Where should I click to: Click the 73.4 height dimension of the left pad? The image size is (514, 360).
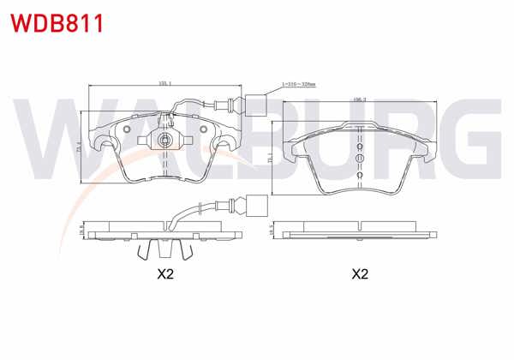[82, 147]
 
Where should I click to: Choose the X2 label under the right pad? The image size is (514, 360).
[360, 274]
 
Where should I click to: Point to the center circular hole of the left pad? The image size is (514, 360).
[164, 139]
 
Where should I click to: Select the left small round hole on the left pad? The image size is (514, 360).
[127, 131]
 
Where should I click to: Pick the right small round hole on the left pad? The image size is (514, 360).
[204, 131]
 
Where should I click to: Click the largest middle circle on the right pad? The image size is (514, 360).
[360, 158]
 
